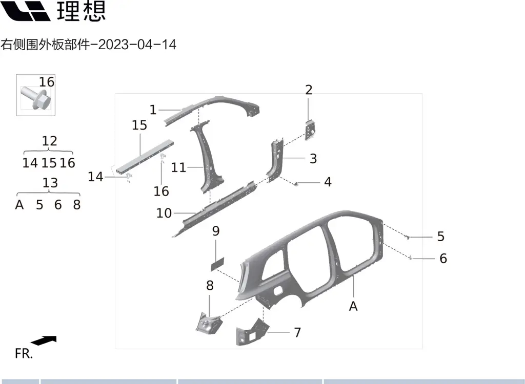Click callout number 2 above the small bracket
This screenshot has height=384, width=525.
coord(309,90)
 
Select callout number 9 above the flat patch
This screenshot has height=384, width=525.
coord(216,231)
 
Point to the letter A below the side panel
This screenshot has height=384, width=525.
coord(353,306)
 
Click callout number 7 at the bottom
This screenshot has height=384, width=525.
coord(297,332)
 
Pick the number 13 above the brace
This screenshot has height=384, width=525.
coord(50,183)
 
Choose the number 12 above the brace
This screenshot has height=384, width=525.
coord(50,141)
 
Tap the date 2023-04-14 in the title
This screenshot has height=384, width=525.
coord(137,45)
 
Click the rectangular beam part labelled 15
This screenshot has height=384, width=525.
coord(145,157)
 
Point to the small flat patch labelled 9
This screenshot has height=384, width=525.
coord(217,264)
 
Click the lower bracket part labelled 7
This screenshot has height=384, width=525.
coord(252,332)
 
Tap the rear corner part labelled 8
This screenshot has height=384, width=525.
coord(208,323)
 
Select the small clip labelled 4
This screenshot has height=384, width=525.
coord(296,184)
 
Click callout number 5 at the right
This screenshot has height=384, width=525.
coord(440,237)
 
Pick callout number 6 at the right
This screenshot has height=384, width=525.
coord(443,258)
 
